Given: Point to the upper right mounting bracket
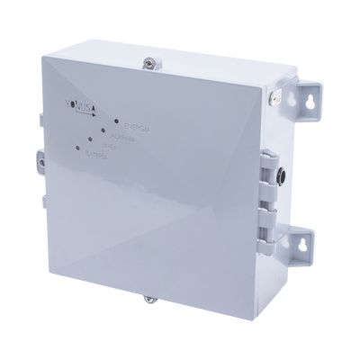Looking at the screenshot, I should click(x=307, y=97).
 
